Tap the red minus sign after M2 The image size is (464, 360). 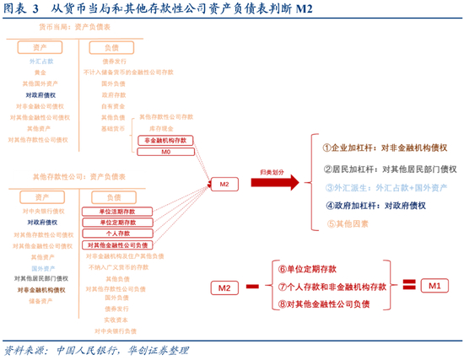point(252,288)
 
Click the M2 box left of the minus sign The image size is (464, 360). point(224,288)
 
